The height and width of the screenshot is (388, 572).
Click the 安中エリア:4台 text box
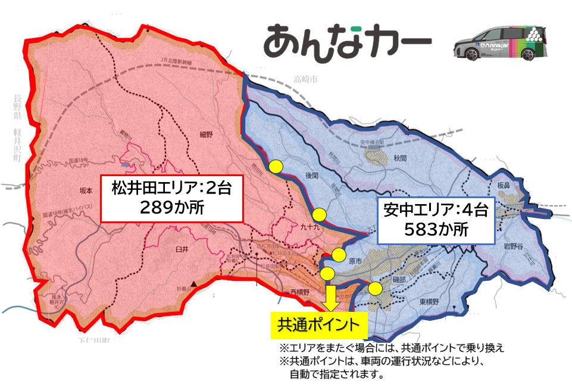click(x=437, y=218)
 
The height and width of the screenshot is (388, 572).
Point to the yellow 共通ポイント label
click(x=319, y=325)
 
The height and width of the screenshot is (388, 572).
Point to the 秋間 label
click(x=400, y=159)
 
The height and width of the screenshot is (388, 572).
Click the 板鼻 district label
click(x=504, y=186)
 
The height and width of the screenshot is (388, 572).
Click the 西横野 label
click(x=299, y=293)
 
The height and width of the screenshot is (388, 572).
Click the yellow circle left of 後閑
click(x=276, y=167)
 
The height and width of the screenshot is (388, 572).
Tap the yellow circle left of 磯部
click(x=375, y=289)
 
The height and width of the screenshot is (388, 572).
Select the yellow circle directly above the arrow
click(x=327, y=274)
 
